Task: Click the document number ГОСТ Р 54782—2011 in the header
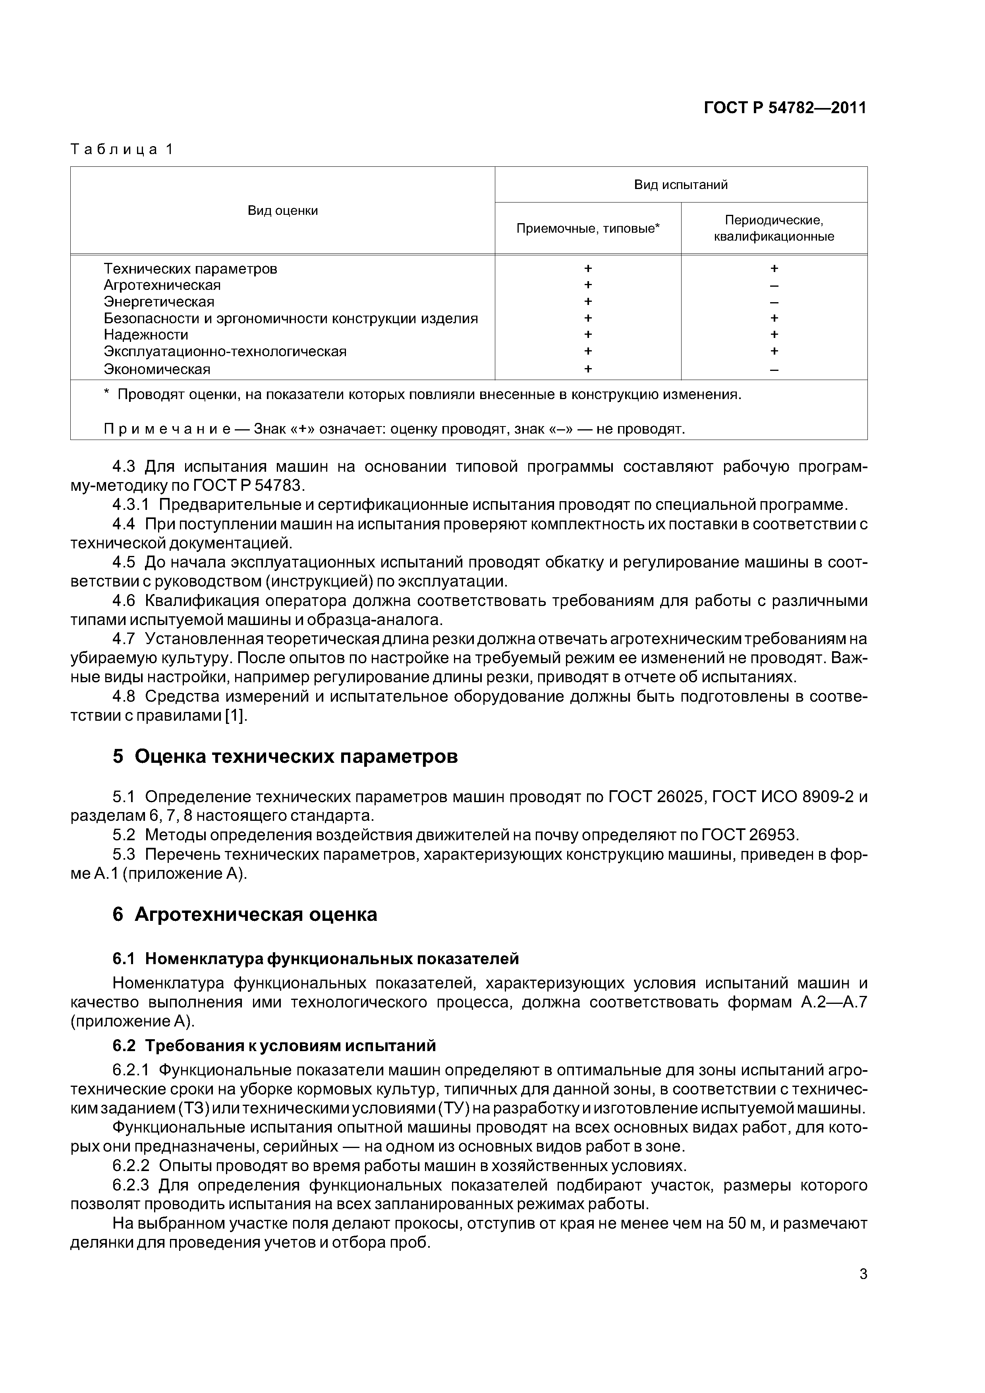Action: (785, 108)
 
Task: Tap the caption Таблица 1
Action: (122, 149)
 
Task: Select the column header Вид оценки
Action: (282, 210)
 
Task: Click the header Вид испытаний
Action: (680, 184)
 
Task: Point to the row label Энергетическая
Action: (159, 301)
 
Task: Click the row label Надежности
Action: (146, 335)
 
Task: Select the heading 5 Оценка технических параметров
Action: (285, 756)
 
